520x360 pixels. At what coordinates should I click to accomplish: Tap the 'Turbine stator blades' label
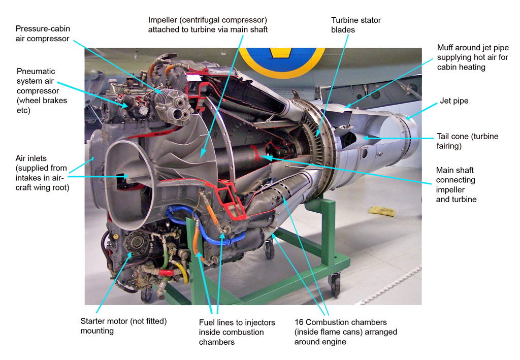pos(355,25)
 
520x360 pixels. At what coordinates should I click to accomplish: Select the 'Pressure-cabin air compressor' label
pos(43,34)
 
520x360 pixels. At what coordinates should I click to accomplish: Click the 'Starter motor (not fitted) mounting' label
pos(123,325)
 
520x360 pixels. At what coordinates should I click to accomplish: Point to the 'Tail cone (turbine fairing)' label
pos(467,141)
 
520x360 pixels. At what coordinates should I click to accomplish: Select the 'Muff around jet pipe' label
pos(472,57)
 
